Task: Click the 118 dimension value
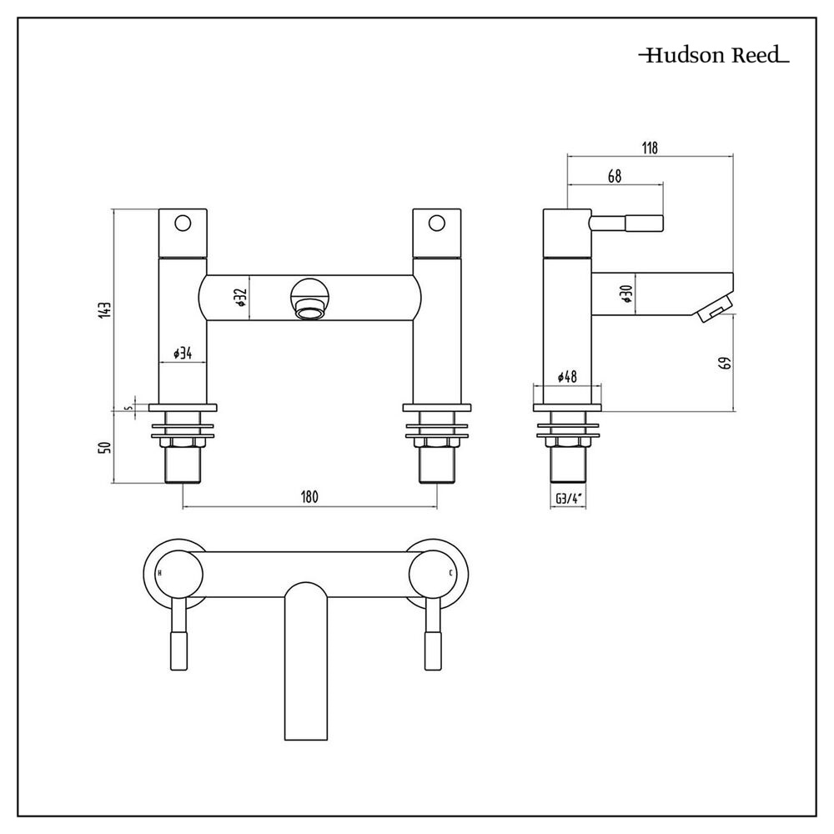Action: pos(650,148)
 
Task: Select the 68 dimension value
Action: pos(615,177)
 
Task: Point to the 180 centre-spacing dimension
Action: pos(309,497)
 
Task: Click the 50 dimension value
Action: pos(104,447)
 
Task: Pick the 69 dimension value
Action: pos(725,363)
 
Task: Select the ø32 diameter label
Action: pos(239,299)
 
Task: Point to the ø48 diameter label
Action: pos(567,378)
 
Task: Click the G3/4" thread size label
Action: pos(567,500)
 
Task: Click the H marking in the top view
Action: pos(159,573)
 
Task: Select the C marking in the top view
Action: pos(451,573)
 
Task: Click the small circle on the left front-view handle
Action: pos(183,223)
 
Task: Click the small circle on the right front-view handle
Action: pos(436,223)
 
